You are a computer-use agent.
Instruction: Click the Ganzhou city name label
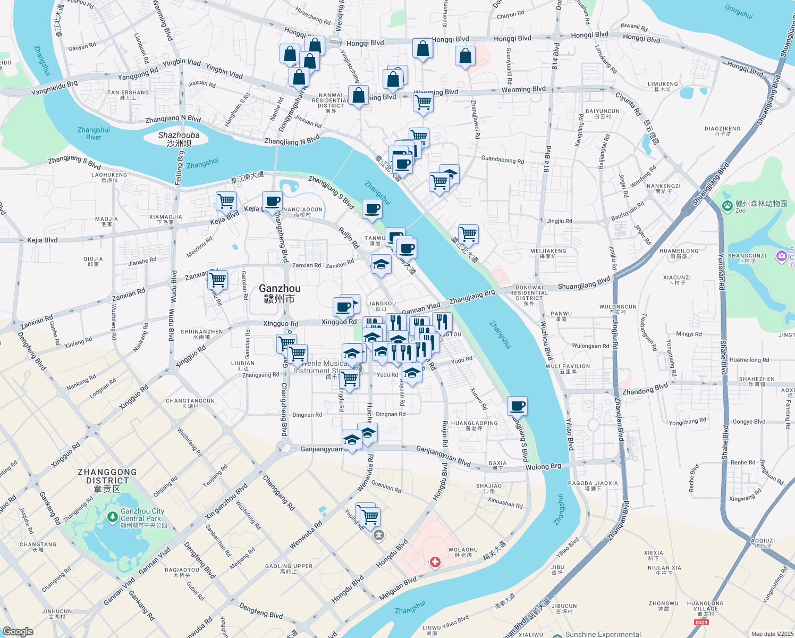(x=280, y=293)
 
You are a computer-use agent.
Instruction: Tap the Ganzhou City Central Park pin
(x=112, y=516)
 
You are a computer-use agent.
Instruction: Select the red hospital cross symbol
(x=435, y=562)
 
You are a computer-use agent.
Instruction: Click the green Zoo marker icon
(x=727, y=206)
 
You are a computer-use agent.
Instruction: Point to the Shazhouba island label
(x=179, y=139)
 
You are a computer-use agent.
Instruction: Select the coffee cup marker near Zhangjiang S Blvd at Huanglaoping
(x=517, y=406)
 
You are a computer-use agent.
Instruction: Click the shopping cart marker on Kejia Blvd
(x=226, y=202)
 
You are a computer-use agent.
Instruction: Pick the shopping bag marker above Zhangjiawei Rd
(x=465, y=56)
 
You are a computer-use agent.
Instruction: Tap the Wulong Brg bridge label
(x=543, y=467)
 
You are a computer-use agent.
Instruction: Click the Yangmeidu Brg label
(x=54, y=88)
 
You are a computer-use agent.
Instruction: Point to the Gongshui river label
(x=739, y=11)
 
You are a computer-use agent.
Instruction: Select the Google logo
(x=18, y=631)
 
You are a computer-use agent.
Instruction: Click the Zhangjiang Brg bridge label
(x=472, y=297)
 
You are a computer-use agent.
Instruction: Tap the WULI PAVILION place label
(x=568, y=368)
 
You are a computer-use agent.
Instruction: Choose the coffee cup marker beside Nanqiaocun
(x=272, y=202)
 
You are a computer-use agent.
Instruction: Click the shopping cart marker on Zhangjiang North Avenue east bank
(x=468, y=233)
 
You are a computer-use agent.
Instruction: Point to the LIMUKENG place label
(x=663, y=86)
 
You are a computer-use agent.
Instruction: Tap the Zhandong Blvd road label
(x=645, y=389)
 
